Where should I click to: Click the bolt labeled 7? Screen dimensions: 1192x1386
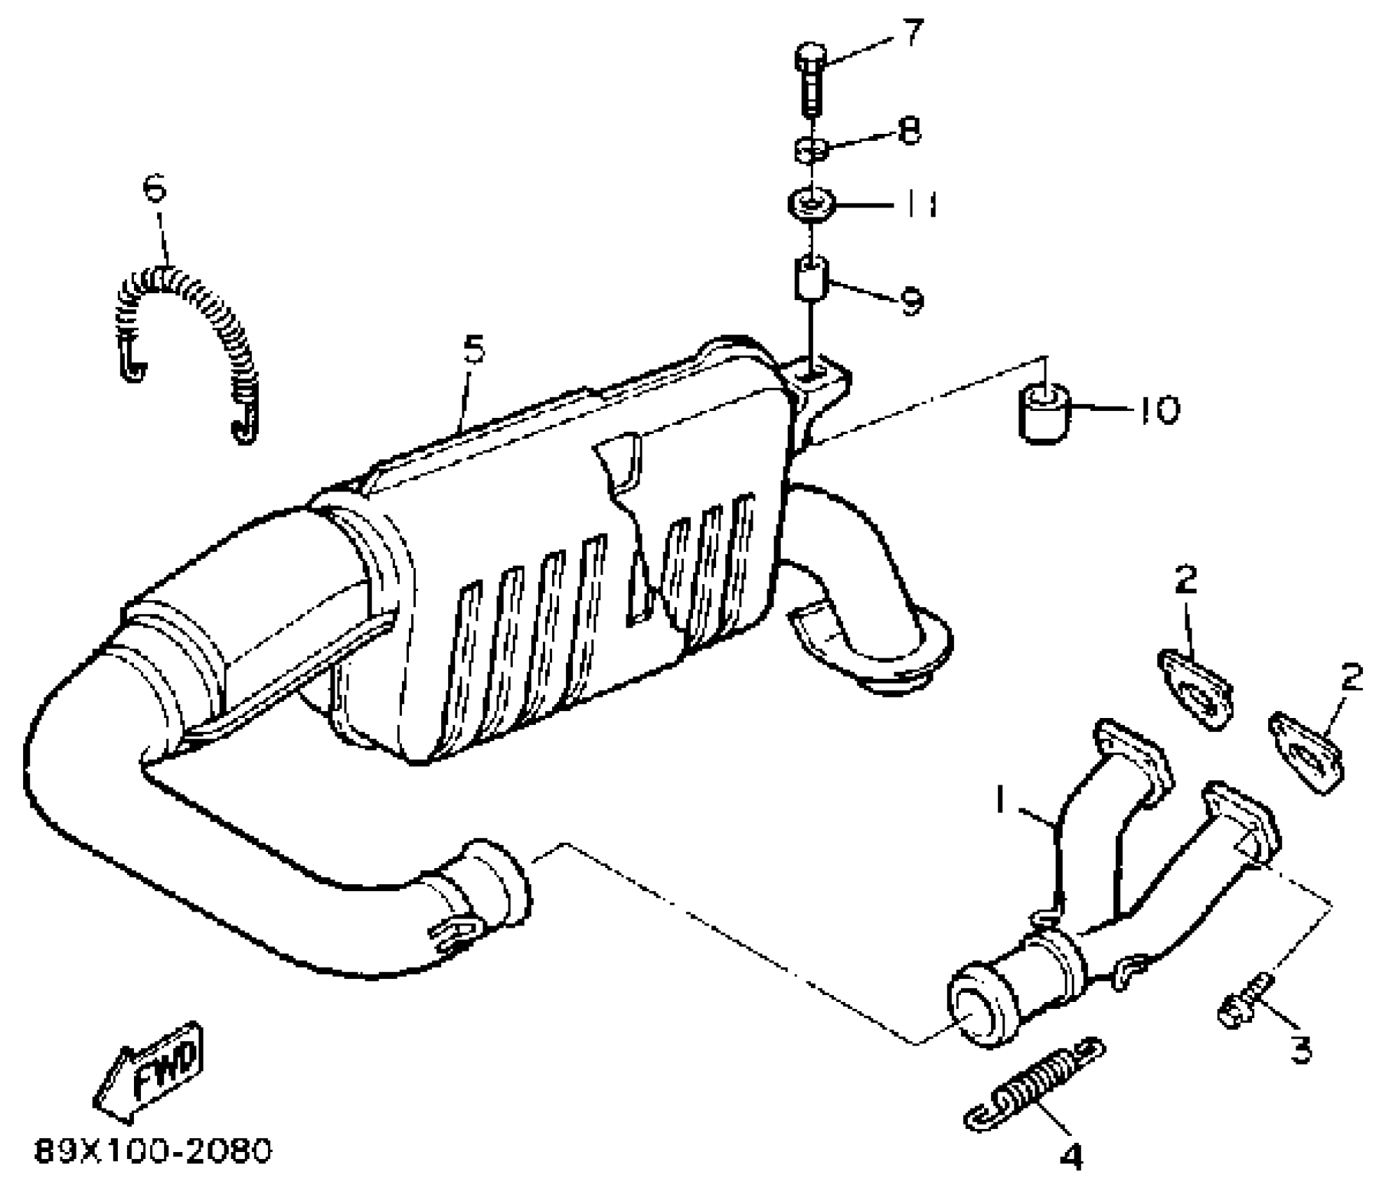coord(810,81)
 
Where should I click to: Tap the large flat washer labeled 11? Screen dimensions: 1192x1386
coord(811,204)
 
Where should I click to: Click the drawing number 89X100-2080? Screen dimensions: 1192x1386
coord(153,1152)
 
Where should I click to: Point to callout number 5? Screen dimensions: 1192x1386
coord(474,349)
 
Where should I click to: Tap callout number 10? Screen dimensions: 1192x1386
coord(1159,409)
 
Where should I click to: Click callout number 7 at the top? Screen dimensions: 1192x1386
coord(912,34)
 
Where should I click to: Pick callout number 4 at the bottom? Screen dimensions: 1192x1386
coord(1071,1157)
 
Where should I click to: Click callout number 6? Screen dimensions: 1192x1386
coord(155,188)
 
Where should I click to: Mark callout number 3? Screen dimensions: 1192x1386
coord(1301,1050)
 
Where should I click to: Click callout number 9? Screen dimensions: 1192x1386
coord(911,302)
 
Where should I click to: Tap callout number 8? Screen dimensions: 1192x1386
coord(910,130)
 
